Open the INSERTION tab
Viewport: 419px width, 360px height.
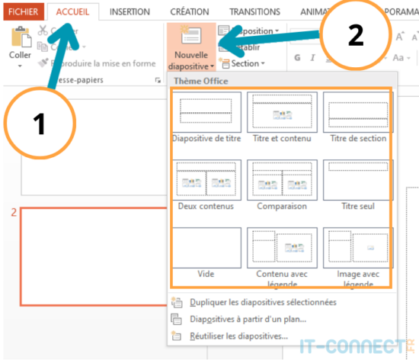129,11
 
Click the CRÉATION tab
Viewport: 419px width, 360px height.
190,11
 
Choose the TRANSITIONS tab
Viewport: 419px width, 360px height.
254,11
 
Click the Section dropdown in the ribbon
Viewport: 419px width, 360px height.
245,64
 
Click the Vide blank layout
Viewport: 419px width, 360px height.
207,248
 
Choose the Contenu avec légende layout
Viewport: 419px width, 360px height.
282,248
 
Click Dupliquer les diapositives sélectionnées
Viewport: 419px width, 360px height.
263,302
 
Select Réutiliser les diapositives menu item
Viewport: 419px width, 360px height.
238,336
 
